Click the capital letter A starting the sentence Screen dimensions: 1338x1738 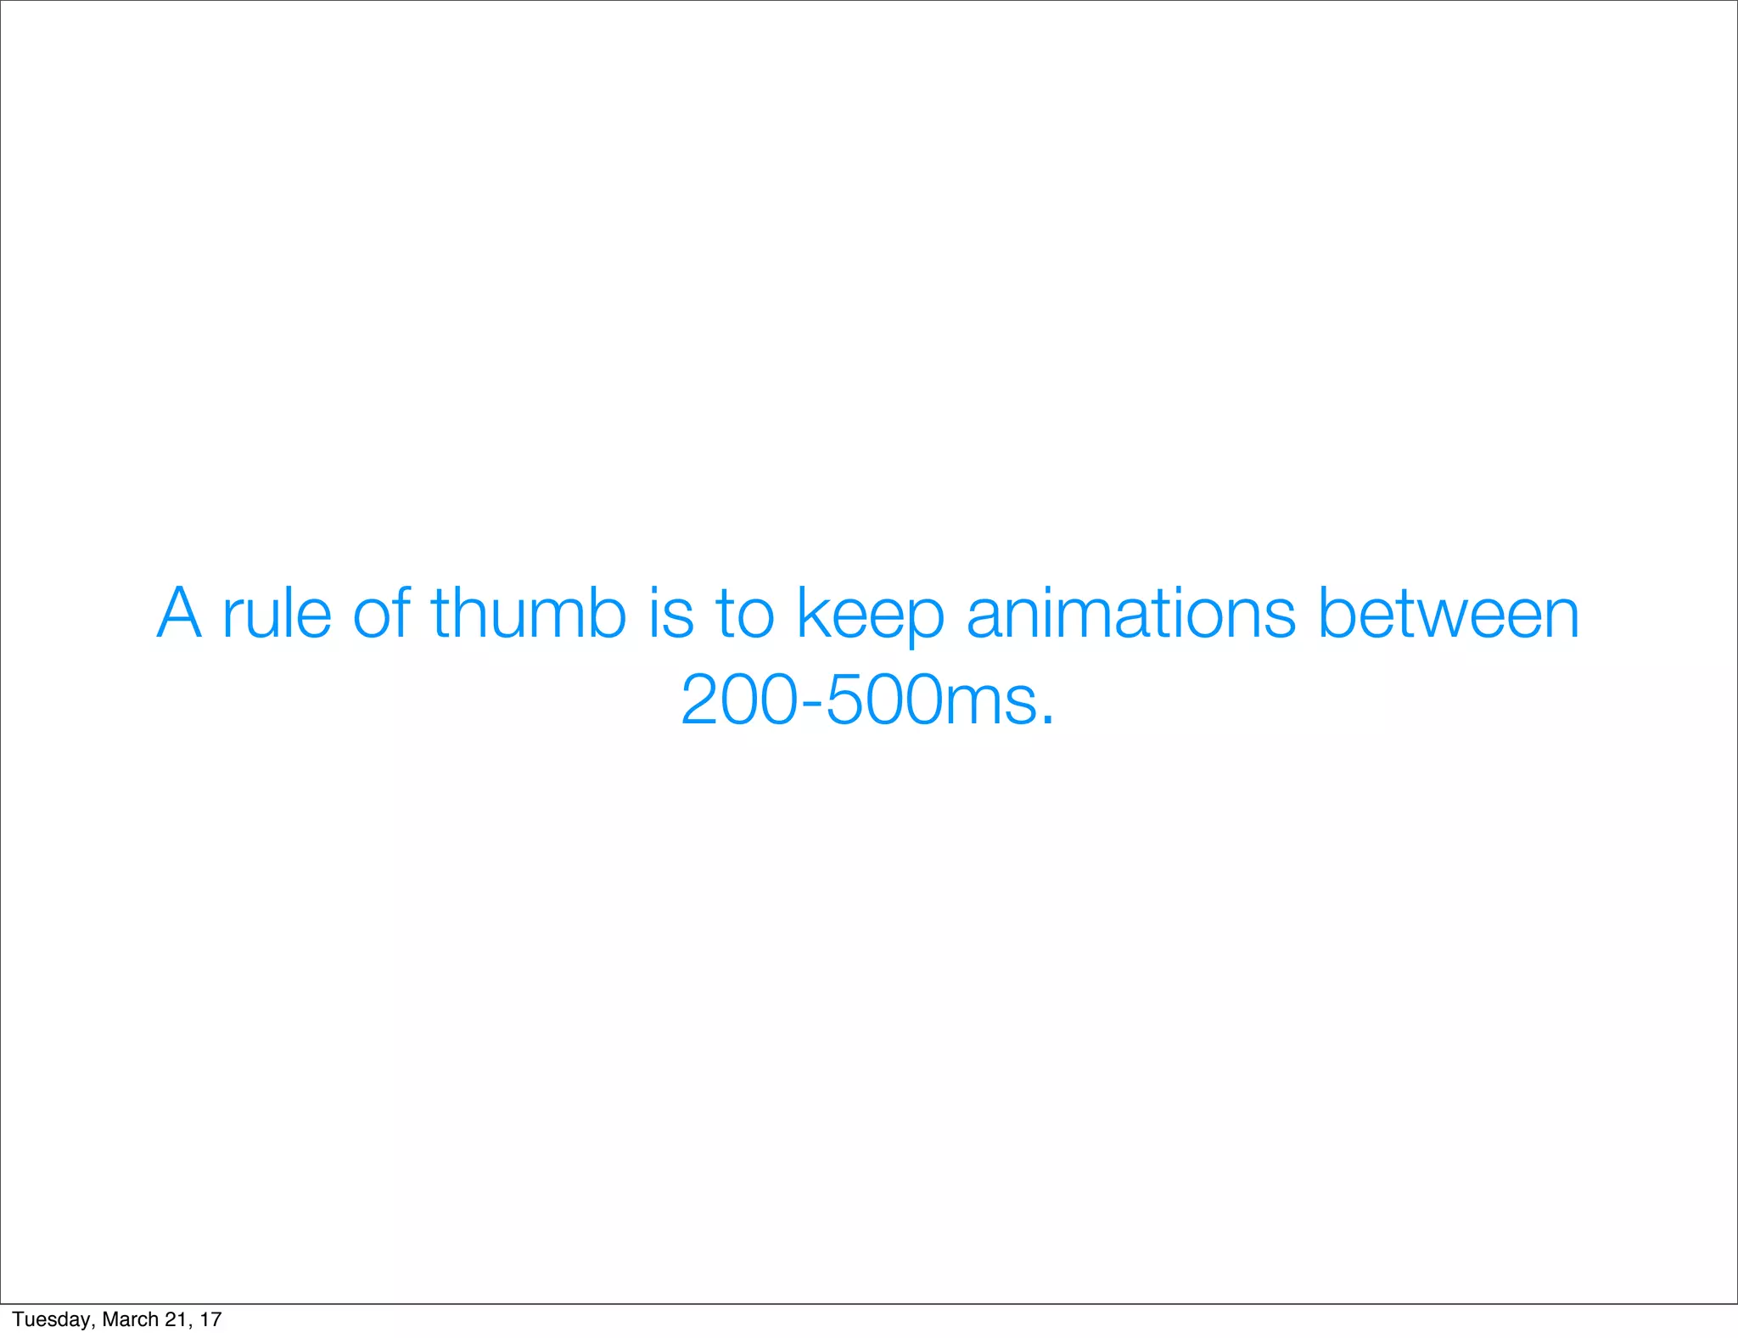pyautogui.click(x=180, y=613)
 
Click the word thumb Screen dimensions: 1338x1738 pyautogui.click(x=528, y=613)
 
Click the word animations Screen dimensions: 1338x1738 pyautogui.click(x=1131, y=613)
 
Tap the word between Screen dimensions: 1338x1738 pyautogui.click(x=1449, y=613)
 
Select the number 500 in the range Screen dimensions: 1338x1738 pyautogui.click(x=883, y=701)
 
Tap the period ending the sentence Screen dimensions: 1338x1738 pyautogui.click(x=1047, y=721)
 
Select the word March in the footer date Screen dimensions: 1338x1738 pyautogui.click(x=129, y=1319)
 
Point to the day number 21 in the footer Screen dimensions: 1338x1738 pyautogui.click(x=176, y=1319)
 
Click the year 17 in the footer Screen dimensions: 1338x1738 pyautogui.click(x=210, y=1319)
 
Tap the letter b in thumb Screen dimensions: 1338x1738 pyautogui.click(x=606, y=613)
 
